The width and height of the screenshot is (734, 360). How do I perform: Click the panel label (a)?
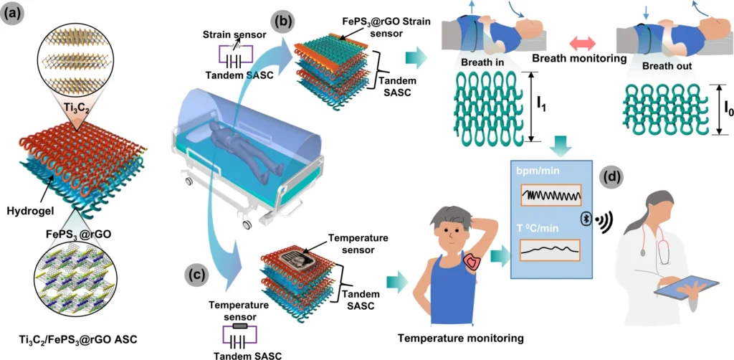click(x=11, y=11)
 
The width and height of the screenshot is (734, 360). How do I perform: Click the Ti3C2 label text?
click(x=74, y=110)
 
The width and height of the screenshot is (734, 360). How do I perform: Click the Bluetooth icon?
click(x=586, y=218)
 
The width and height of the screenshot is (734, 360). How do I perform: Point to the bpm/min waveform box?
click(x=550, y=195)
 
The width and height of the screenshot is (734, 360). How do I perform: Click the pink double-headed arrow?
click(x=582, y=44)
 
